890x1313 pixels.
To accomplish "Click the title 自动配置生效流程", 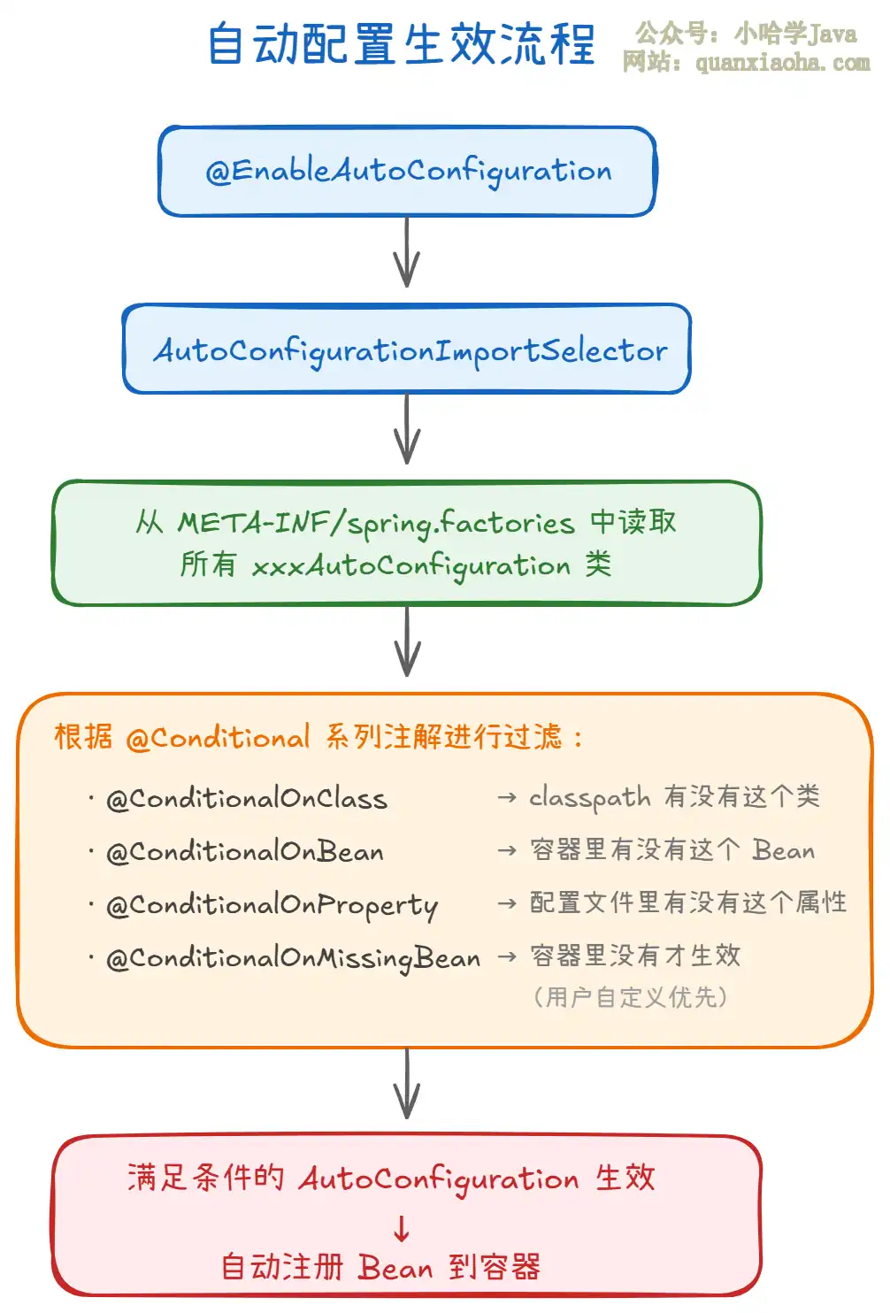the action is tap(402, 44).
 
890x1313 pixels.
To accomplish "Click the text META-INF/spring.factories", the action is tap(376, 523).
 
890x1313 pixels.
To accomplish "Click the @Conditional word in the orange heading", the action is tap(218, 737).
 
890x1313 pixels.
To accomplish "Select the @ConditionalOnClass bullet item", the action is tap(246, 799).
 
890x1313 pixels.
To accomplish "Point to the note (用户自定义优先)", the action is tap(630, 997).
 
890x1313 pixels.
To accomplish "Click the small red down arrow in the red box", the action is tap(402, 1229).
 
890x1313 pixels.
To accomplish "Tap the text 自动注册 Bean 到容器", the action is tap(380, 1267).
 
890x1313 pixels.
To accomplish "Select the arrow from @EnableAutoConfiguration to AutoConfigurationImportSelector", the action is tap(407, 252).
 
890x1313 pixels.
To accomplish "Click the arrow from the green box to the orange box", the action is tap(407, 641).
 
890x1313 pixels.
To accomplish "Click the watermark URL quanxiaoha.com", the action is tap(783, 62).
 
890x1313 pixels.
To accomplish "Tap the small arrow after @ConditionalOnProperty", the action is tap(507, 903).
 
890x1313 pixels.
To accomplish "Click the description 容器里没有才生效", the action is tap(635, 956).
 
